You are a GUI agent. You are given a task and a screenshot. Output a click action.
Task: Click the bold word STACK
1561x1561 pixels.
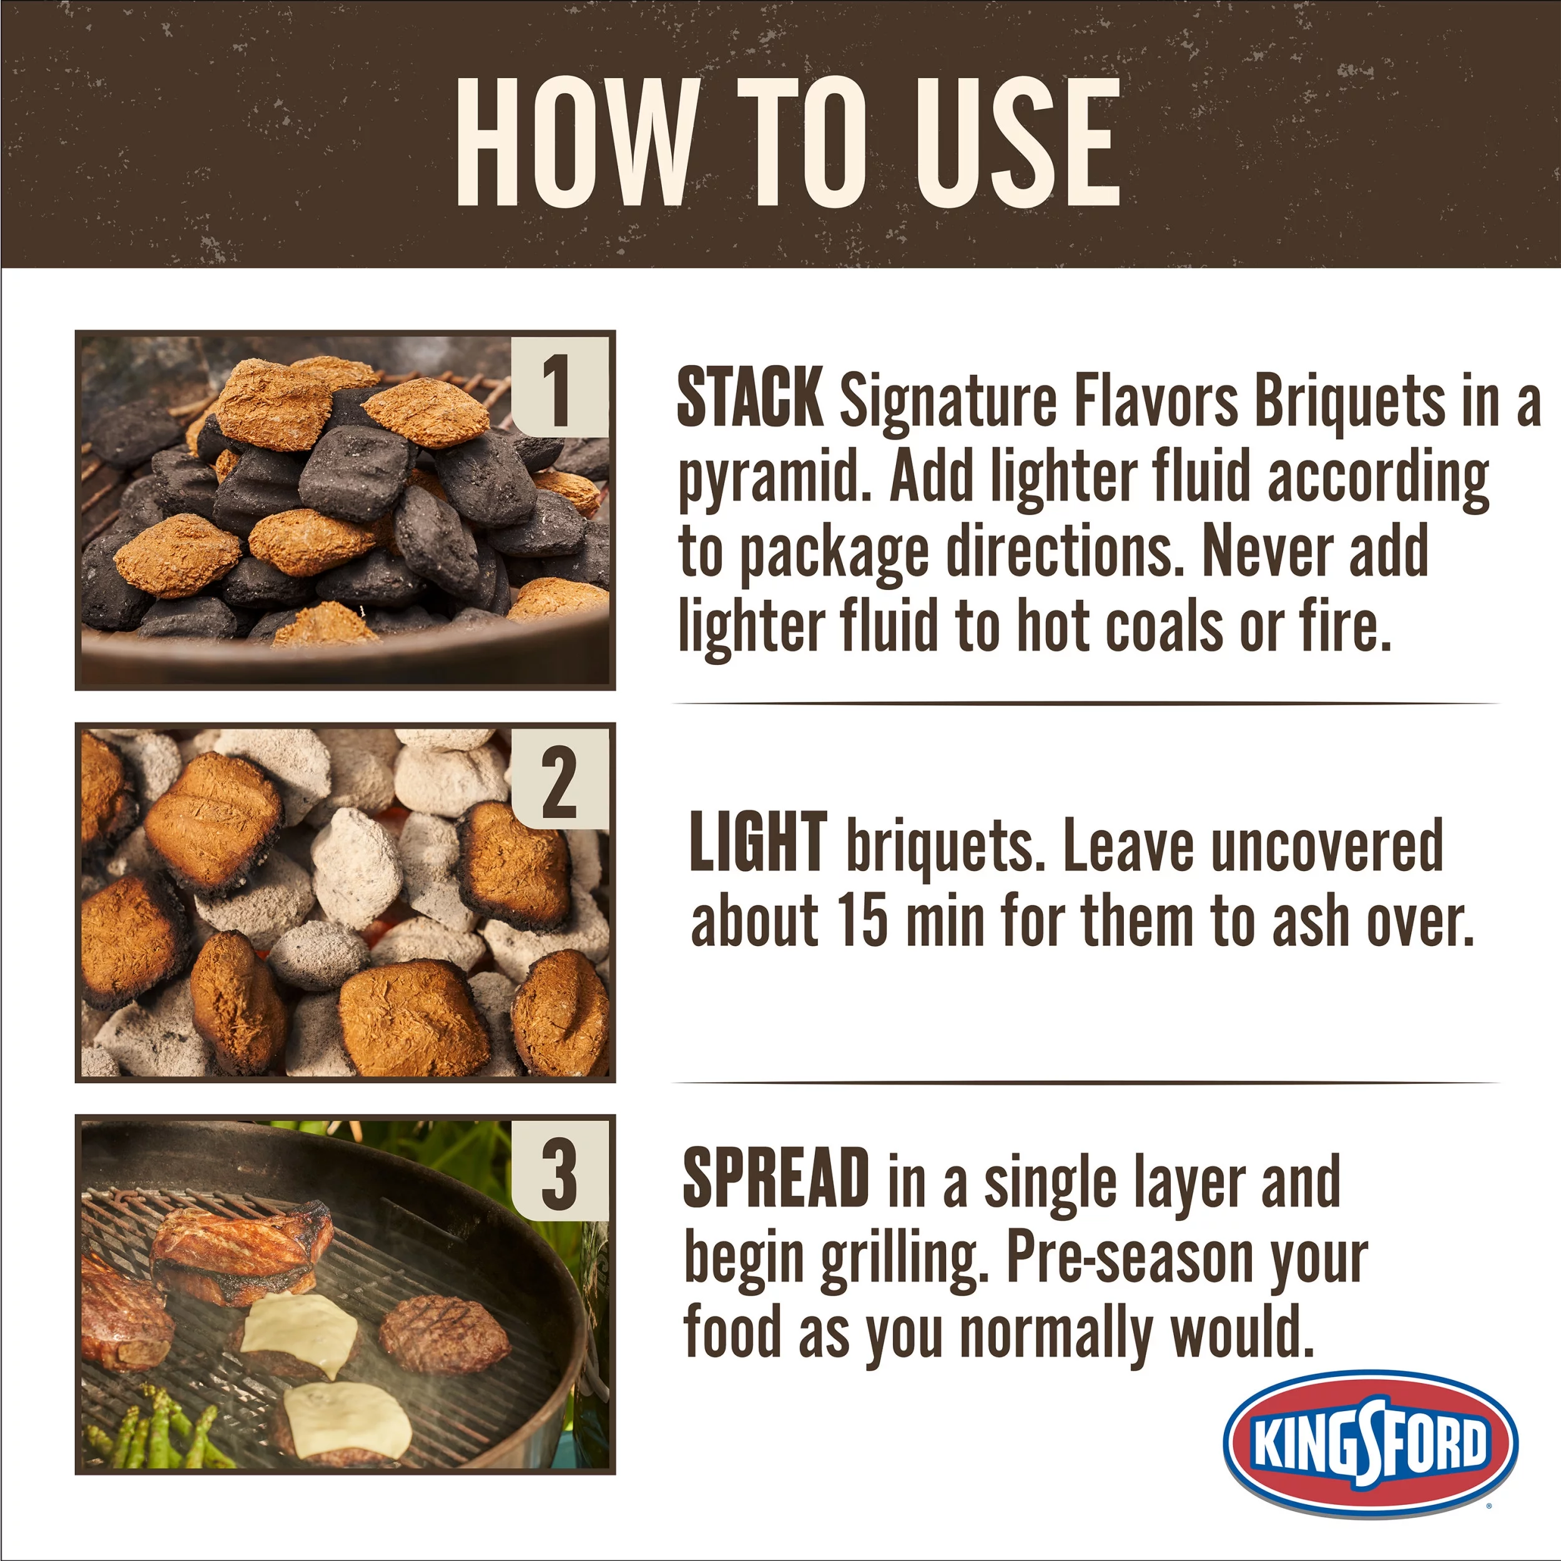tap(749, 398)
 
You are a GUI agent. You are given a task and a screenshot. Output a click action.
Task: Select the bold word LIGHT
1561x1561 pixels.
tap(758, 844)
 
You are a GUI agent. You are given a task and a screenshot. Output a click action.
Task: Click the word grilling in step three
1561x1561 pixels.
tap(904, 1259)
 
